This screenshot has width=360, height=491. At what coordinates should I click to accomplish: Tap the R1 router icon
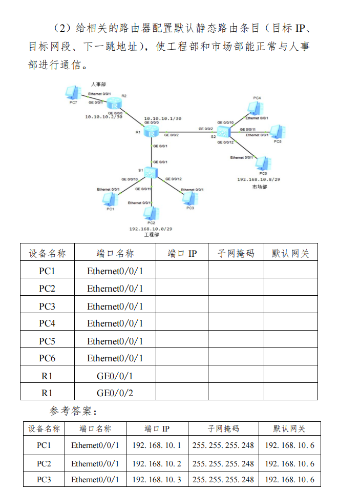151,132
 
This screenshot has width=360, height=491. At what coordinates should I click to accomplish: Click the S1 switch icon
151,172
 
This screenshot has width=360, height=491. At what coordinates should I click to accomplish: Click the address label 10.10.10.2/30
103,117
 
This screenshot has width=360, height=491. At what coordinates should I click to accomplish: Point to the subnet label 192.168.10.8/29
259,180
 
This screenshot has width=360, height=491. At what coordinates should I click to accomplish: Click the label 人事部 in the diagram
98,84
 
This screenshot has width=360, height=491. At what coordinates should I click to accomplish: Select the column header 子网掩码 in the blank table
236,253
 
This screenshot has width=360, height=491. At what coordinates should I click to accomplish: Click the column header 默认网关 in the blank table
290,253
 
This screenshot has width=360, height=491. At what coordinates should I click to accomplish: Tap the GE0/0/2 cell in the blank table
115,393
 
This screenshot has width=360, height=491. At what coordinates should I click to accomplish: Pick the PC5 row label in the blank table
47,341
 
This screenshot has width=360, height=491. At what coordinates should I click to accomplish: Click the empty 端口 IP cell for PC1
182,271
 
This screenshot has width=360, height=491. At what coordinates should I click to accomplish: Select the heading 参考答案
73,411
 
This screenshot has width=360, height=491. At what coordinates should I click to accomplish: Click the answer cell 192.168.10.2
157,464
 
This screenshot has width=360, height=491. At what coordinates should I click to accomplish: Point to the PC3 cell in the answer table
44,480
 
